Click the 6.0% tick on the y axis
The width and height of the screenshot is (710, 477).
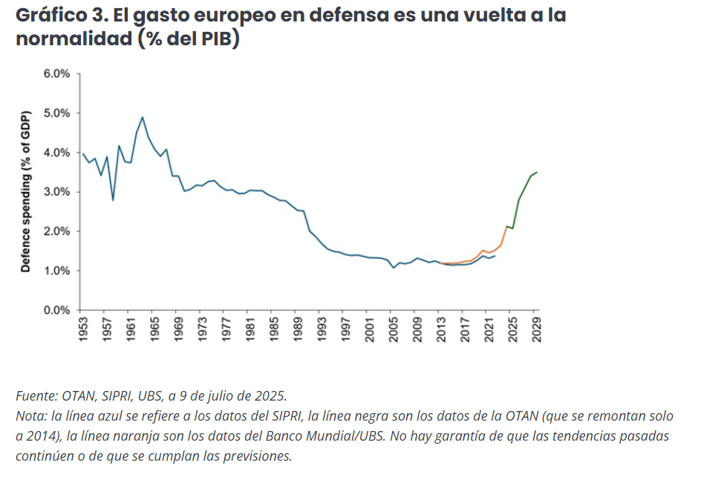tap(56, 74)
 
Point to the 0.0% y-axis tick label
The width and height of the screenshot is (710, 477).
tap(56, 310)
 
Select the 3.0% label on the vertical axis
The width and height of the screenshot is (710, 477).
tap(56, 192)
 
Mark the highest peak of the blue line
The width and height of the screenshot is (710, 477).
tap(142, 117)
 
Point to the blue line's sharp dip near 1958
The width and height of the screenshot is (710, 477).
tap(113, 200)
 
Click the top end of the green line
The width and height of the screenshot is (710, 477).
tap(537, 172)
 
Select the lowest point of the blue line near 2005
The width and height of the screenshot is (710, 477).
tap(394, 267)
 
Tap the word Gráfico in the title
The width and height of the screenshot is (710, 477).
tap(48, 16)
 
